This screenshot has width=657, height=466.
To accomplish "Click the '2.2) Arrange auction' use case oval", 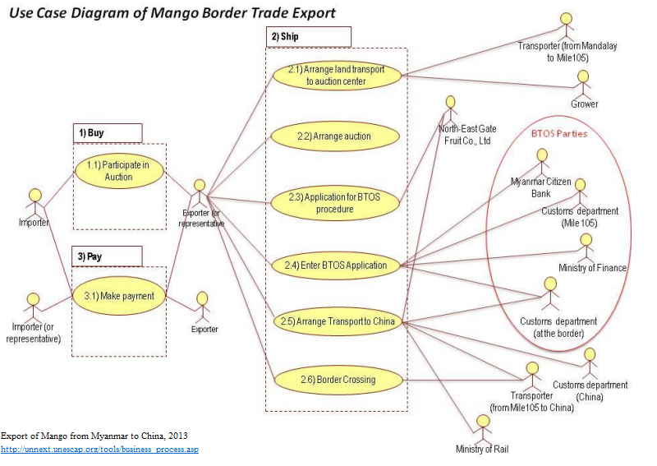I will (x=336, y=136).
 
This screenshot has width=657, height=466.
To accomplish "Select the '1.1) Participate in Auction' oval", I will (x=119, y=171).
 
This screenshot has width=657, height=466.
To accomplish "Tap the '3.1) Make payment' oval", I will (x=119, y=296).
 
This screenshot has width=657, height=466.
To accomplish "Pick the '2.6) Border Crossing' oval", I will (x=336, y=380).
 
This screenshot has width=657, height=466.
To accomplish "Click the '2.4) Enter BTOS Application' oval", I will (x=336, y=265).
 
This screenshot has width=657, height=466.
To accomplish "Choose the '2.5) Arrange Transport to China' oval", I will (x=336, y=322).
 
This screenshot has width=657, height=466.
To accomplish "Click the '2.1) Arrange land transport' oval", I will (x=336, y=76).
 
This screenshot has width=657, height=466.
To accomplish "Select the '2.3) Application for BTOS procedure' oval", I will (x=336, y=203).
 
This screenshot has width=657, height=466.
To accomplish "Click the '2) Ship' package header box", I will (x=308, y=37).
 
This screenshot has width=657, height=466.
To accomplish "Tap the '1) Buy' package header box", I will (x=107, y=132).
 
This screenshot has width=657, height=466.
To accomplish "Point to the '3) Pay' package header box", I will (x=107, y=256).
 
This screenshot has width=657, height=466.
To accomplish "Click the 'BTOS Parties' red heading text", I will (x=558, y=133).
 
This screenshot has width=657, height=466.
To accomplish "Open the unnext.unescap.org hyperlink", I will (x=99, y=450).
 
